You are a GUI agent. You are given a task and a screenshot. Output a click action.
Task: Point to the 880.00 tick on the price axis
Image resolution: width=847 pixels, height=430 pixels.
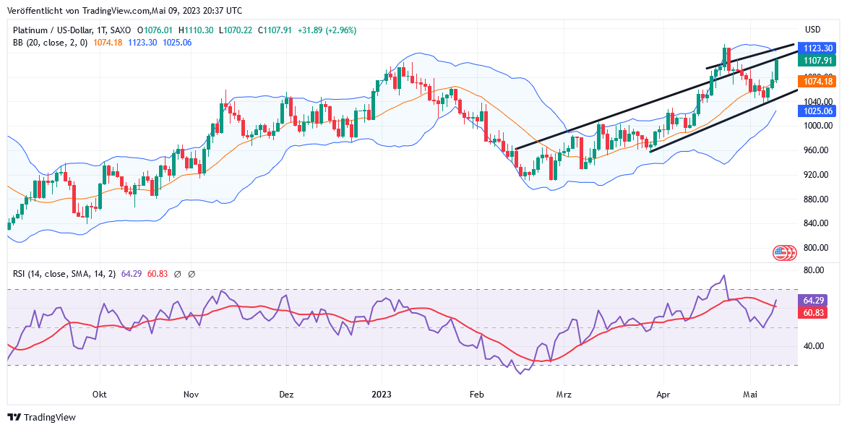[815, 199]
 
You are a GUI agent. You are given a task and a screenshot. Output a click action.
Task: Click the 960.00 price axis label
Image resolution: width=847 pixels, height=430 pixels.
[815, 150]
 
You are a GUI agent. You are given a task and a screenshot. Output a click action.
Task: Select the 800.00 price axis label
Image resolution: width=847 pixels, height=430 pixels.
[815, 248]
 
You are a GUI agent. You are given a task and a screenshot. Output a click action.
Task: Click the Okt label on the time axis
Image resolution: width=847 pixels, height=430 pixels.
[100, 395]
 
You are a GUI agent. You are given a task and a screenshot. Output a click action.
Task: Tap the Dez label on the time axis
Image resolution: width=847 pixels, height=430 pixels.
[286, 395]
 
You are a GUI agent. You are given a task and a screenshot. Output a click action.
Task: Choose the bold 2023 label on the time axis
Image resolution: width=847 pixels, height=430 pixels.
[381, 395]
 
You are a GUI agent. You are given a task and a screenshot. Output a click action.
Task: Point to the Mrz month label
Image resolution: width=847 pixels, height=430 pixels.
[564, 395]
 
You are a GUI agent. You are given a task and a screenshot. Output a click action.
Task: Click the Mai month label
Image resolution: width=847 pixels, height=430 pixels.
[750, 395]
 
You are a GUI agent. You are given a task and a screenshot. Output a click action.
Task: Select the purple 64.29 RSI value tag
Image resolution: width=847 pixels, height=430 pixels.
[814, 300]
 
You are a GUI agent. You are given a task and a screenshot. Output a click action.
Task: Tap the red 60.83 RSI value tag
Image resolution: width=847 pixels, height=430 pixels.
[814, 313]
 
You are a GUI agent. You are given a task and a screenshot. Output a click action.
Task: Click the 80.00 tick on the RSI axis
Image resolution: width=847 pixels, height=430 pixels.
[814, 270]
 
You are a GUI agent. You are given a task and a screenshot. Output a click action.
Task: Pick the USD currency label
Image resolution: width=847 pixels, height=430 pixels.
[813, 30]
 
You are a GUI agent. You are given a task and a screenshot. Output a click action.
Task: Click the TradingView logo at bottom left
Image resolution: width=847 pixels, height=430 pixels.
[42, 418]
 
